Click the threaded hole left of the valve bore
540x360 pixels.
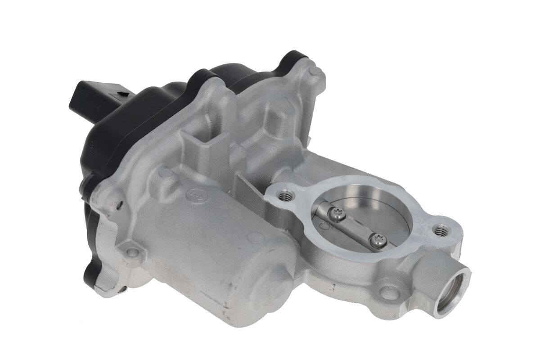[x=284, y=196]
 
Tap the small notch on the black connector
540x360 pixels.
[x=120, y=94]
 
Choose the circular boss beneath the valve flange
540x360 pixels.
[x=389, y=293]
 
